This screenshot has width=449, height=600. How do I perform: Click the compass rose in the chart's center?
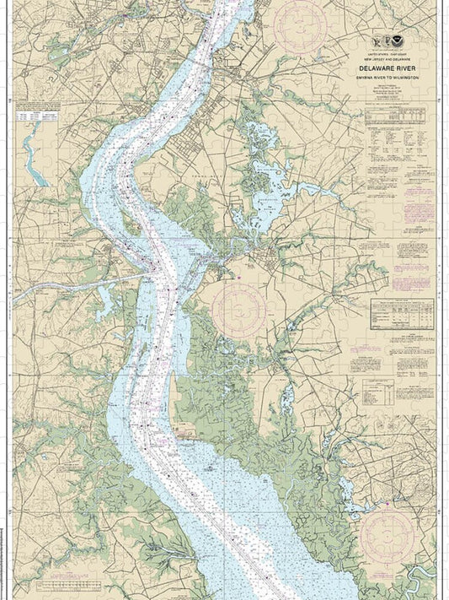tap(239, 307)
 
